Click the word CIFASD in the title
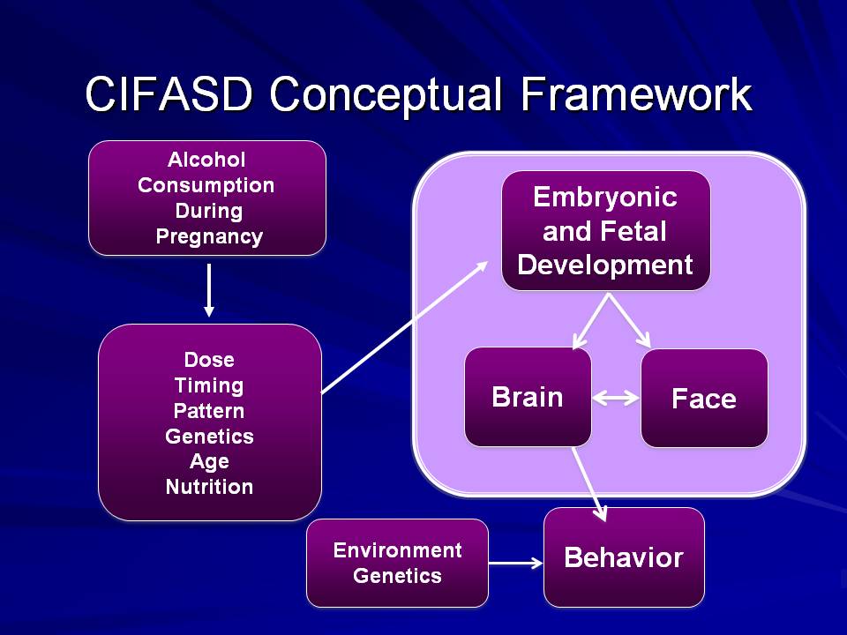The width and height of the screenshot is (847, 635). tap(169, 94)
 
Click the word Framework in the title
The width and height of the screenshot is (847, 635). tap(637, 94)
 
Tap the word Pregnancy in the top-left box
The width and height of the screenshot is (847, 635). tap(209, 237)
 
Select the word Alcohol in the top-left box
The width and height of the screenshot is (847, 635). tap(206, 160)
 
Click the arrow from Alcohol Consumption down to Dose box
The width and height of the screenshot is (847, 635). tap(209, 290)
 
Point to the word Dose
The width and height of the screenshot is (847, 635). tap(209, 360)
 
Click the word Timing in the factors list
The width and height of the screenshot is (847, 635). tap(209, 385)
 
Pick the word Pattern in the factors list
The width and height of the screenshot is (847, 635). tap(209, 411)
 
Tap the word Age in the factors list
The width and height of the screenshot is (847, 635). tap(210, 462)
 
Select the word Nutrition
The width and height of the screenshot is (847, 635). tap(210, 487)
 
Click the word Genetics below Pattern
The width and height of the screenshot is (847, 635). tap(210, 437)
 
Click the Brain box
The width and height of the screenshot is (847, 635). tap(528, 397)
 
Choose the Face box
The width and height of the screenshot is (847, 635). tap(704, 399)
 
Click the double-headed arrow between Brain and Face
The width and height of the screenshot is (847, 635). tap(617, 399)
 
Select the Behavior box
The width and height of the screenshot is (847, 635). tap(624, 557)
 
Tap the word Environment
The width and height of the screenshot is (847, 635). tap(398, 550)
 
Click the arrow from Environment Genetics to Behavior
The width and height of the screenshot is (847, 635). tap(516, 564)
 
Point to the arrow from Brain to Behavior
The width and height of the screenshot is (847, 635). tap(589, 484)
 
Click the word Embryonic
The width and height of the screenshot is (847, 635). tap(605, 197)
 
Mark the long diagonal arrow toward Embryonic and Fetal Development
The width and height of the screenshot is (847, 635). tap(405, 327)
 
